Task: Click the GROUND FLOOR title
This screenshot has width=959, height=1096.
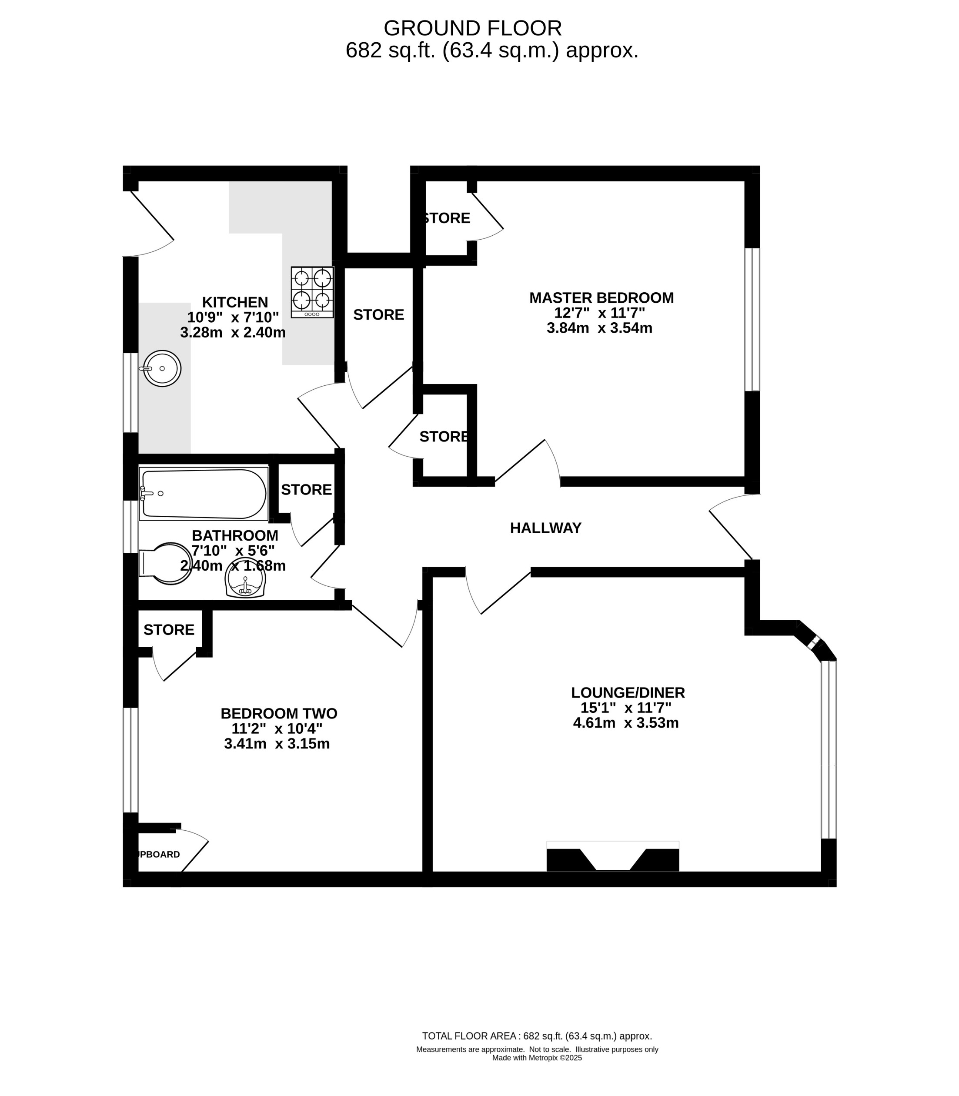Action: (473, 28)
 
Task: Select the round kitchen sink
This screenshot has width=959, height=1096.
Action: (162, 368)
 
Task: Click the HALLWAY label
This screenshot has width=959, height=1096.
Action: (545, 528)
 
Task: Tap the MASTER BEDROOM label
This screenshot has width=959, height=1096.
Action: (601, 297)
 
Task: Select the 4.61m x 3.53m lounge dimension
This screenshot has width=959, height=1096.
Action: (625, 723)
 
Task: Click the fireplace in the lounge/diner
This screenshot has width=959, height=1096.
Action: (612, 857)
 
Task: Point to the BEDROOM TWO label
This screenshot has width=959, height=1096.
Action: (279, 713)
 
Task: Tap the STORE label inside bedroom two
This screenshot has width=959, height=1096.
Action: (169, 630)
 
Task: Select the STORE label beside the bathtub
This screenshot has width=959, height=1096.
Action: (306, 490)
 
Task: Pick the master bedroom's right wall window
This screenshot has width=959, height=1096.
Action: (752, 320)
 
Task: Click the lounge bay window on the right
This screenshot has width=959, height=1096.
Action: (828, 749)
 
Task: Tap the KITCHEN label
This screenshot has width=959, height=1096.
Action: (234, 302)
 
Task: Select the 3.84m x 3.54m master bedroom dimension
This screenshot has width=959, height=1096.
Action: (599, 328)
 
